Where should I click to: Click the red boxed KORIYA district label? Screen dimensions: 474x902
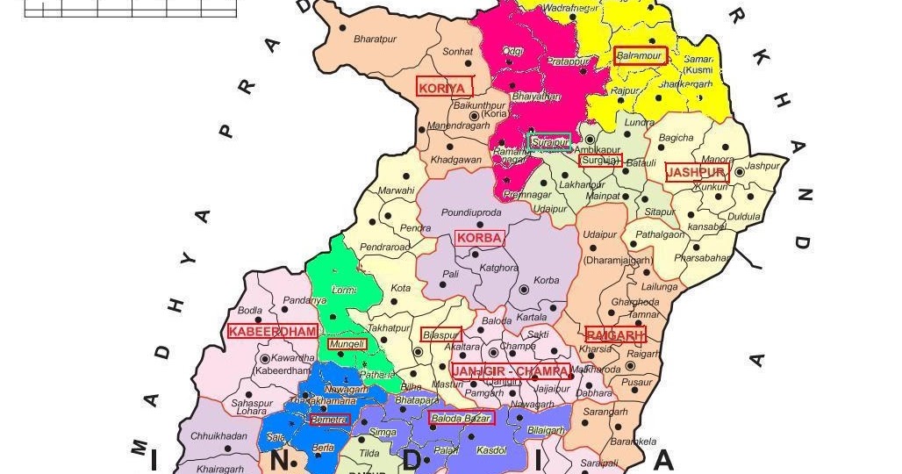pos(443,87)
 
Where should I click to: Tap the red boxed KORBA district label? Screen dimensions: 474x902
pos(479,238)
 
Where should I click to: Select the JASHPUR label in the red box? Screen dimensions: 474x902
pos(697,172)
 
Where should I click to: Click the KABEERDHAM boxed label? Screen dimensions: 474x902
pos(272,331)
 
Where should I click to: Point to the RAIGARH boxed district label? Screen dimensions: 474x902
pos(615,334)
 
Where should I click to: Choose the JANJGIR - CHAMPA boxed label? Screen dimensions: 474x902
pos(510,371)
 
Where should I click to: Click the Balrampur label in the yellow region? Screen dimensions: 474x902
pos(641,55)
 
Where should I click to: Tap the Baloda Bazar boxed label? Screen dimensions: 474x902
pos(462,418)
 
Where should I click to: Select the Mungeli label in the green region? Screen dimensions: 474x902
pos(347,344)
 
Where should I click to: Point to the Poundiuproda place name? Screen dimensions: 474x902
pos(471,212)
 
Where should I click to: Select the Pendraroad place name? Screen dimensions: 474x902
pos(385,248)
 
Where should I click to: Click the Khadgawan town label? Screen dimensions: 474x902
pos(456,161)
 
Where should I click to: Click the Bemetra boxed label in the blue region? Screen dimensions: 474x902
pos(330,420)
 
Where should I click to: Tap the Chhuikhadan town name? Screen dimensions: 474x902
pos(219,435)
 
